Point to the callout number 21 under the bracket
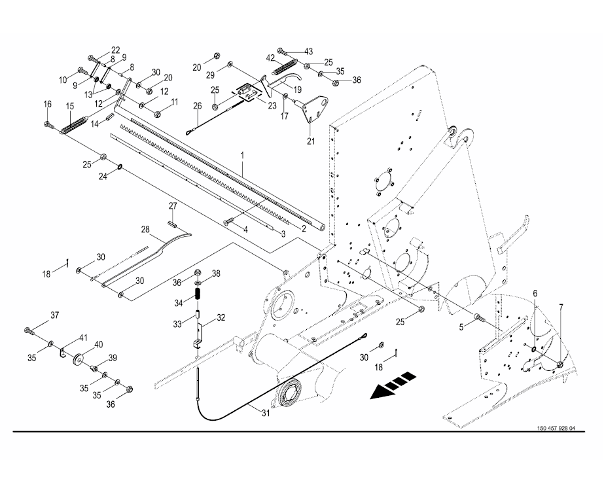pyautogui.click(x=310, y=139)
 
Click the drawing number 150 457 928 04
pyautogui.click(x=556, y=429)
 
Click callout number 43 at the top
pyautogui.click(x=308, y=50)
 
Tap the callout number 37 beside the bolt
pyautogui.click(x=54, y=315)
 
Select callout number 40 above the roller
pyautogui.click(x=99, y=344)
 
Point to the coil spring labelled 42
pyautogui.click(x=284, y=67)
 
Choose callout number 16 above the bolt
pyautogui.click(x=47, y=105)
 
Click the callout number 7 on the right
pyautogui.click(x=560, y=308)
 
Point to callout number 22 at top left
pyautogui.click(x=115, y=50)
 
